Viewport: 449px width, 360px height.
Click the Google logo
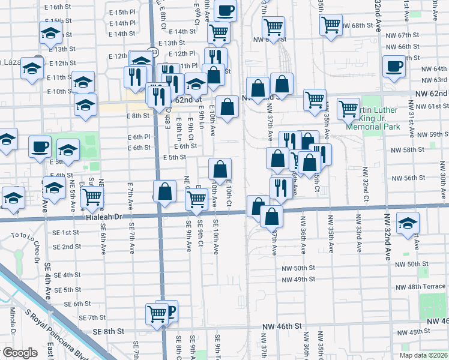pos(20,353)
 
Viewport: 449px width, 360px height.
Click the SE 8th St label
pos(108,331)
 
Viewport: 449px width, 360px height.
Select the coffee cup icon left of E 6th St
pos(40,146)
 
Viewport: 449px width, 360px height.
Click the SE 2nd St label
pos(67,247)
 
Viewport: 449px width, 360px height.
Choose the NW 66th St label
pos(408,46)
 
